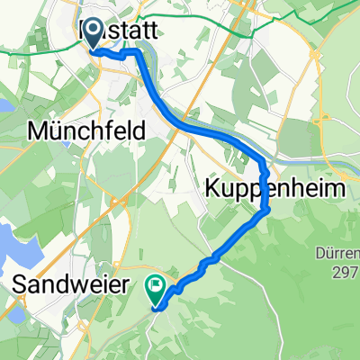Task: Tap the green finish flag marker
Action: pyautogui.click(x=157, y=289)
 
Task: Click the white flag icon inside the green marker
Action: pyautogui.click(x=157, y=286)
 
